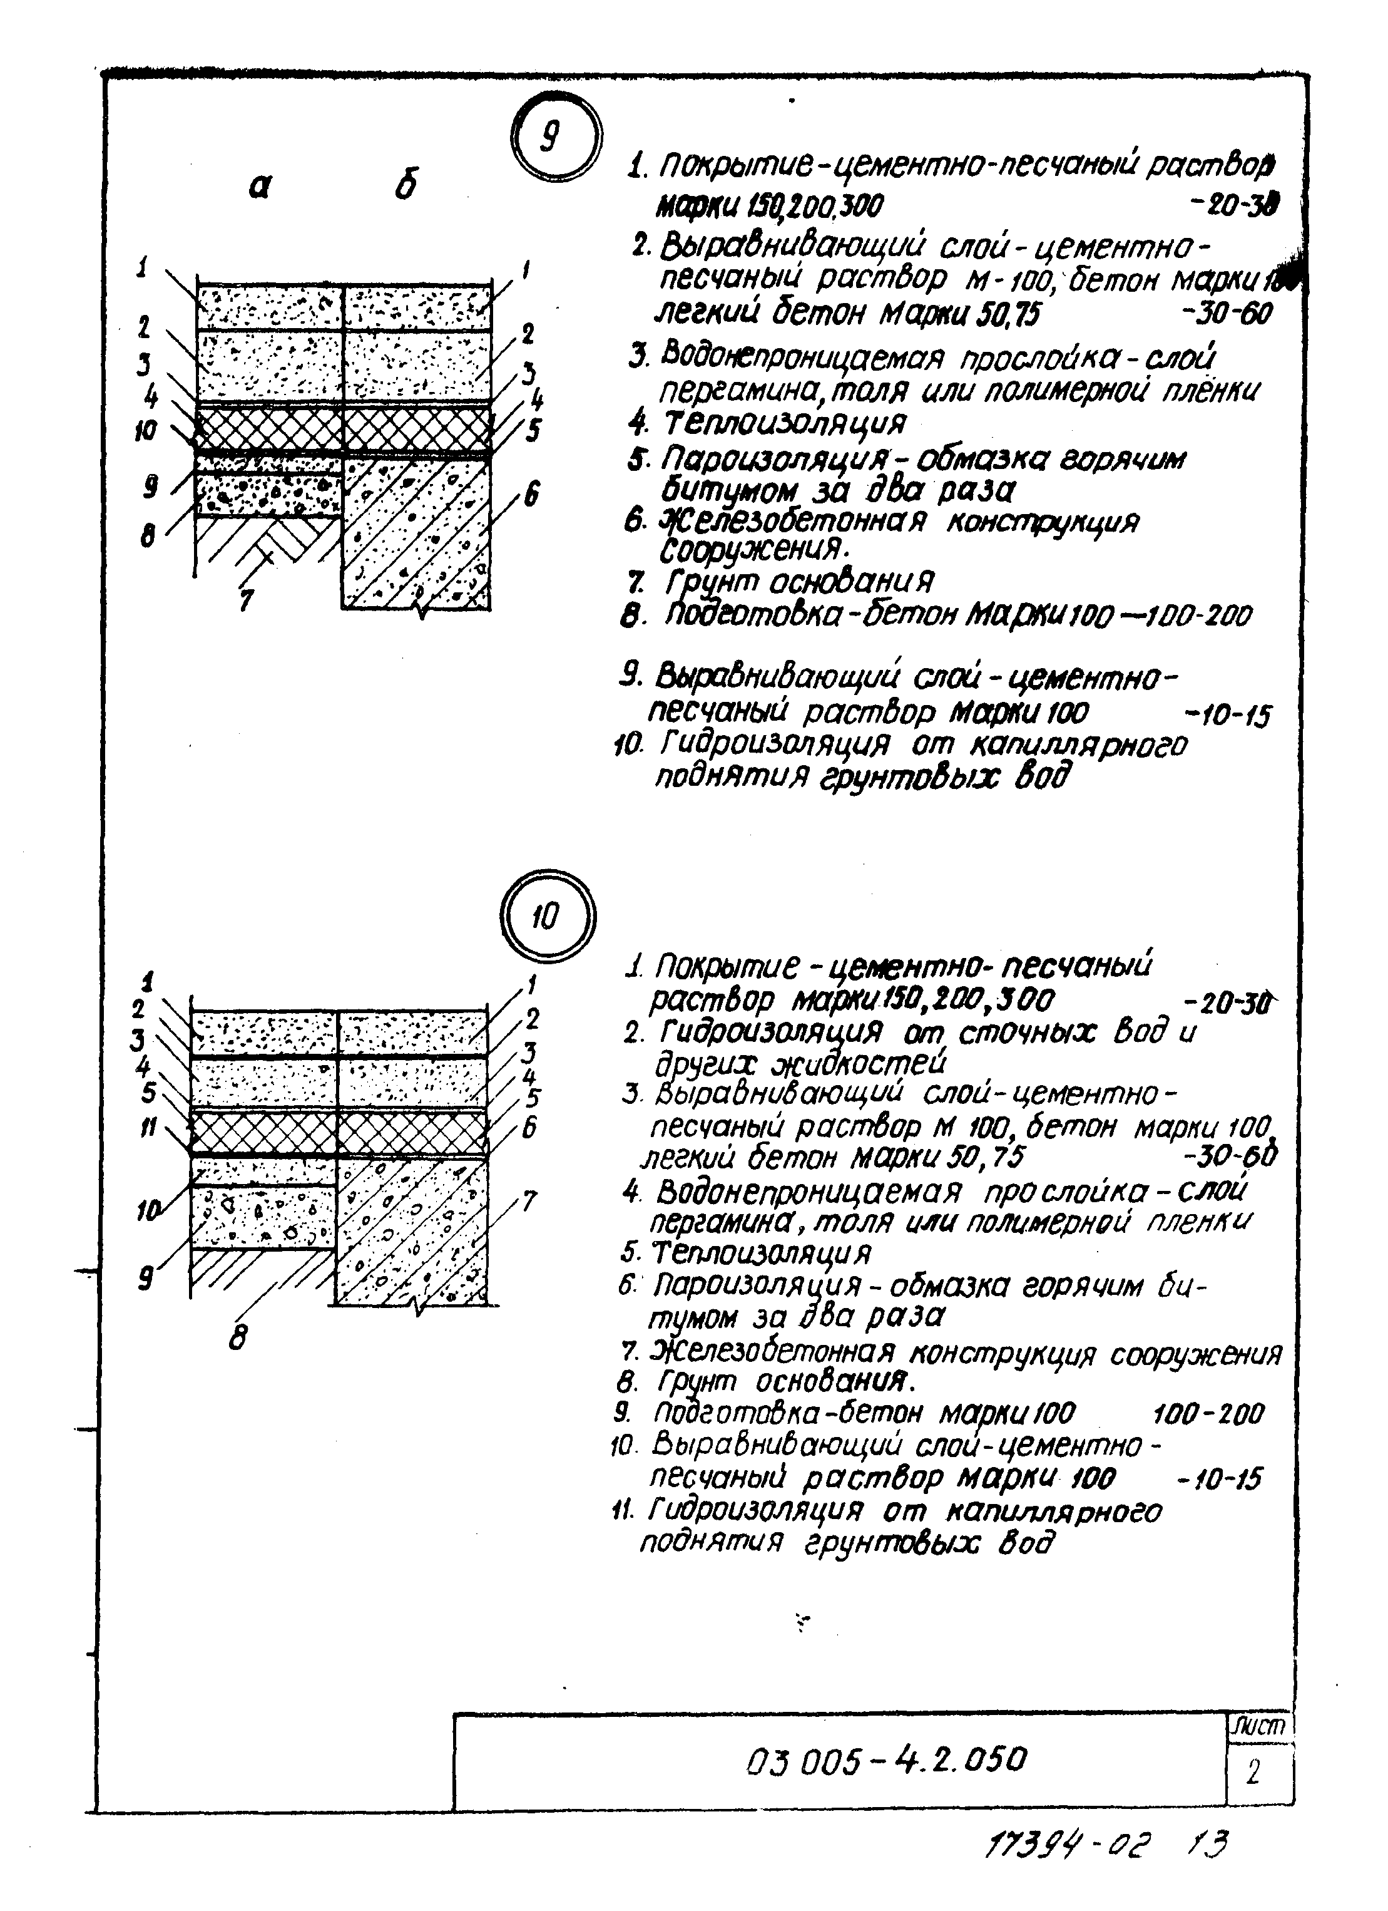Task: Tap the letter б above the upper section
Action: click(x=406, y=185)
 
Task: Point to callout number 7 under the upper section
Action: click(x=246, y=600)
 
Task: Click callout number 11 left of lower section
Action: click(x=148, y=1128)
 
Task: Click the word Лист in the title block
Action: click(x=1259, y=1725)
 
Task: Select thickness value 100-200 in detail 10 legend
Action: click(x=1208, y=1414)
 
